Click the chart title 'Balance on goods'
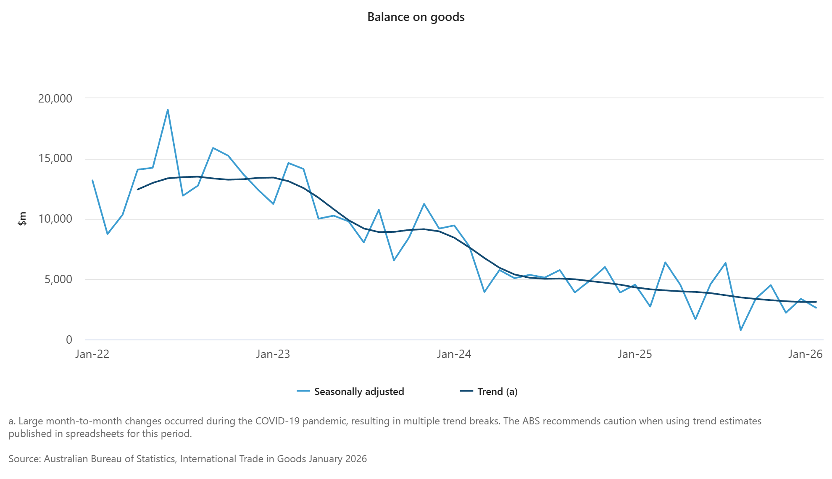[416, 17]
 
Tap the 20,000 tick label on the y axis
[55, 98]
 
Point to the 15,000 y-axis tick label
[55, 158]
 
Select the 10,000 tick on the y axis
[55, 219]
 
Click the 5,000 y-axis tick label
[58, 279]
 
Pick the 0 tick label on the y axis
[69, 340]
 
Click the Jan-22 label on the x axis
[92, 354]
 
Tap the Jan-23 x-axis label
[273, 354]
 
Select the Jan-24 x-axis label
[454, 354]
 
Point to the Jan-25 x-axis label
[635, 354]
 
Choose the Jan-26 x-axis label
[805, 354]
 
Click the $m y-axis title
[22, 218]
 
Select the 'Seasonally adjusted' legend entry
[359, 392]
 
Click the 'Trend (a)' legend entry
[497, 392]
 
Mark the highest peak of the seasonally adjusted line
[168, 110]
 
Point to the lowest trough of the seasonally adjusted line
[740, 330]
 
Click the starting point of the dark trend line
[137, 189]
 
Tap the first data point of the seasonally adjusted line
[92, 180]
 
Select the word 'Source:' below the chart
[25, 459]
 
